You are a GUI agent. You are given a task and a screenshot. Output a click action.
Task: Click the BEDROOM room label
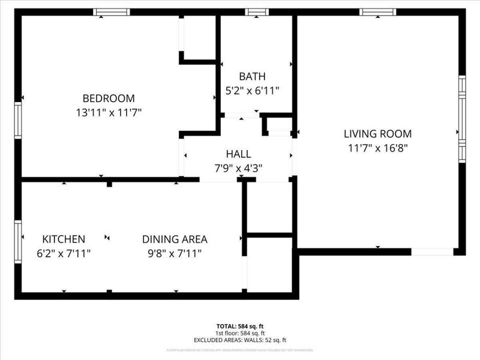coord(108,98)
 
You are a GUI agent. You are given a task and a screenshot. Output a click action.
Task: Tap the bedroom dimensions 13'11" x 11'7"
coord(108,112)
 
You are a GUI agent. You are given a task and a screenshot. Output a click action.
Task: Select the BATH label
coord(252,77)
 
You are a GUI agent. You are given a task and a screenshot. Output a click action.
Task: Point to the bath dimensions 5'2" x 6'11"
coord(252,91)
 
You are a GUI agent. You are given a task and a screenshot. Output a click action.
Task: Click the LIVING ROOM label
coord(377,134)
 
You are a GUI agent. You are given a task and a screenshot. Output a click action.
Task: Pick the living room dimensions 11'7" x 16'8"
coord(377,147)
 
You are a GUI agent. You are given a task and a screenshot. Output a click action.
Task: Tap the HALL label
coord(238,155)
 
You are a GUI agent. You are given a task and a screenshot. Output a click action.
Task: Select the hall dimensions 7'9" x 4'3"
coord(238,169)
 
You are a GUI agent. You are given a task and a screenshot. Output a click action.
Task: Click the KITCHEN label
coord(64,239)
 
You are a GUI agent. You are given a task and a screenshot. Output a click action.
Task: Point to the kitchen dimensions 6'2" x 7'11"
coord(64,253)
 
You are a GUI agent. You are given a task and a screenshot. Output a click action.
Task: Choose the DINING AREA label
coord(175,239)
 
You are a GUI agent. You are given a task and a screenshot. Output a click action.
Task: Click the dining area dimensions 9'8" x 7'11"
coord(175,253)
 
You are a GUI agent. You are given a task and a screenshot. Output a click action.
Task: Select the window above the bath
coord(257,12)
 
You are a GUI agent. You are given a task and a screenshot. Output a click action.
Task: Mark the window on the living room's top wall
coord(377,12)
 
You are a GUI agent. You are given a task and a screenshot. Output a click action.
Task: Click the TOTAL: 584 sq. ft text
coord(240,326)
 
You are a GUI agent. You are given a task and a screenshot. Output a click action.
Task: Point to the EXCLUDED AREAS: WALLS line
coord(240,340)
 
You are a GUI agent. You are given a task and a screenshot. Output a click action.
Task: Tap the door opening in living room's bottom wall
coord(432,252)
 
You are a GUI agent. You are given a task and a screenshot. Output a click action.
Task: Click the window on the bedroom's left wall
coord(19,120)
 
